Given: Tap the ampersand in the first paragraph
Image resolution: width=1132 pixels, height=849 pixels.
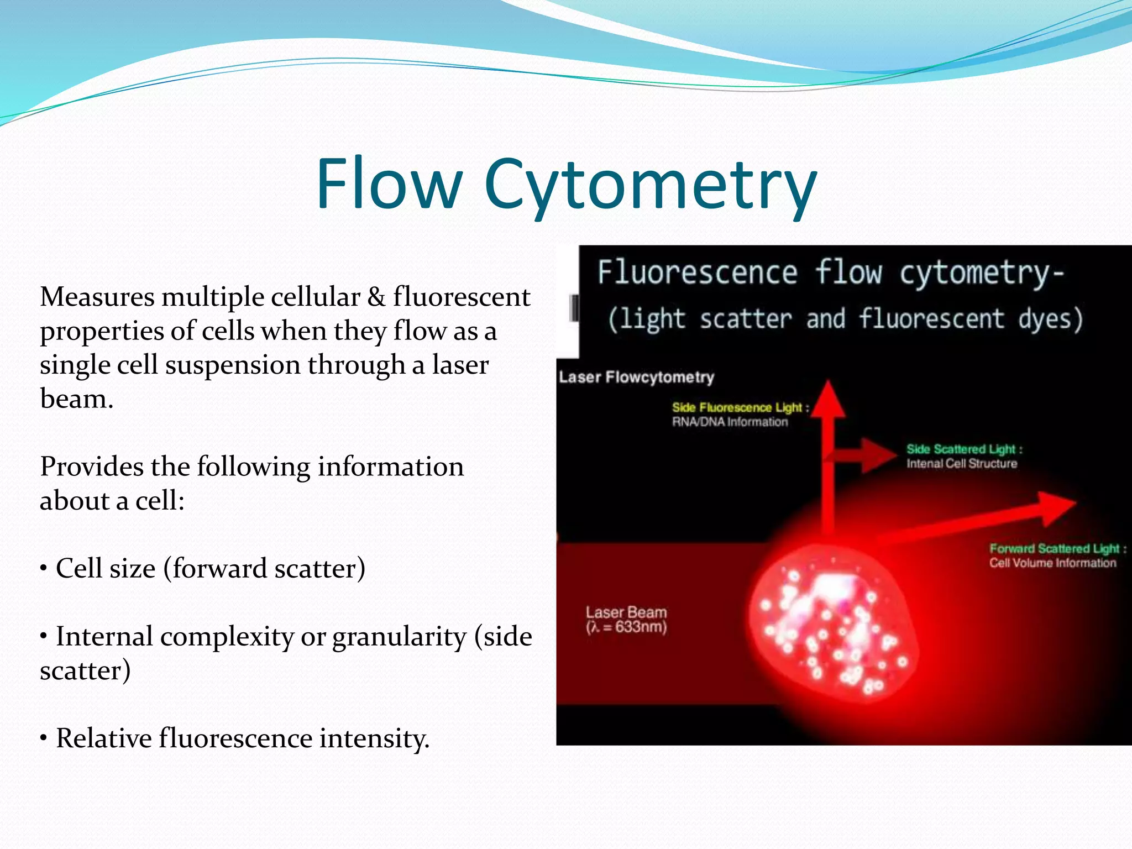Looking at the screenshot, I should [x=376, y=297].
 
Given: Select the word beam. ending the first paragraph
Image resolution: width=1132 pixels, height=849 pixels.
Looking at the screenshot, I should [x=76, y=399].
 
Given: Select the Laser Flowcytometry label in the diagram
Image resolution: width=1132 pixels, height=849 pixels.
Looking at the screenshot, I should [x=636, y=377].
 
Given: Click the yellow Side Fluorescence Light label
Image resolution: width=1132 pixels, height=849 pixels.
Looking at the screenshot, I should [x=740, y=407].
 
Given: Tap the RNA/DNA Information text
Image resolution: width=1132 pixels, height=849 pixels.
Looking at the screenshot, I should [x=730, y=422].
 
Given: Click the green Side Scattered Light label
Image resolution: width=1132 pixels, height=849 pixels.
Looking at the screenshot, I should [x=964, y=449].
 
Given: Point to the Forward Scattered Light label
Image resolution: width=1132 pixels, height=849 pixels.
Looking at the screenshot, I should [x=1057, y=548].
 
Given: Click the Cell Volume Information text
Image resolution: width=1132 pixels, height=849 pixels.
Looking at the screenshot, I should [x=1052, y=563].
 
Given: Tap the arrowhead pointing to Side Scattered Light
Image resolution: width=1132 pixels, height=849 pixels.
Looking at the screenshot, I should [x=880, y=455].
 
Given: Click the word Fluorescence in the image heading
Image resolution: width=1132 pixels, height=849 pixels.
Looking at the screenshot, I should [x=697, y=273].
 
